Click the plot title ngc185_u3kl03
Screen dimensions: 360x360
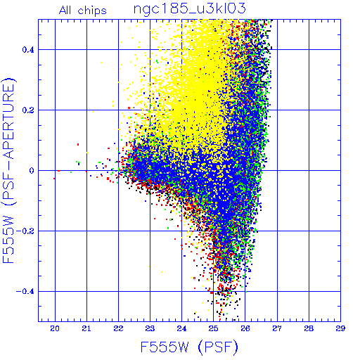pos(189,9)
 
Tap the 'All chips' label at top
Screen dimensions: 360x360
pos(83,11)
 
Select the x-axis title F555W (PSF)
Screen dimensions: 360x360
pos(189,347)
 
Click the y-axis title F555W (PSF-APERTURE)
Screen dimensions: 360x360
pos(8,170)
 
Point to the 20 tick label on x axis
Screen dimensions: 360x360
pos(55,328)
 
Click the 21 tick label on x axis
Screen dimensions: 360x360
pos(86,328)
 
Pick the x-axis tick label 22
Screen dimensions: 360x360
pos(118,328)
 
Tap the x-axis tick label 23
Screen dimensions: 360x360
pos(150,328)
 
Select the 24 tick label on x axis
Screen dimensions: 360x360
pos(181,328)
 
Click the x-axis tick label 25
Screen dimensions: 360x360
pos(213,328)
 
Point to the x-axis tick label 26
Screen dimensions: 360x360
pos(245,328)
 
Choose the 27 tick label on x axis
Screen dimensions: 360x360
pos(277,328)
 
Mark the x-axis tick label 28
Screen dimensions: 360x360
pos(309,328)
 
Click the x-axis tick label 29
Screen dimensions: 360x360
pos(340,328)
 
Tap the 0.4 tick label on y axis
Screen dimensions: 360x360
pos(28,50)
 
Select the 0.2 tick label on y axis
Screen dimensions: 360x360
pos(28,110)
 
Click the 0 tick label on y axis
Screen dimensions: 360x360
pos(32,171)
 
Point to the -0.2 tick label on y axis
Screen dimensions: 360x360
pos(25,231)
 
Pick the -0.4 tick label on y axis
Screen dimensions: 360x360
pos(25,292)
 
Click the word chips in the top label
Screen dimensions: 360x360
pos(92,11)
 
